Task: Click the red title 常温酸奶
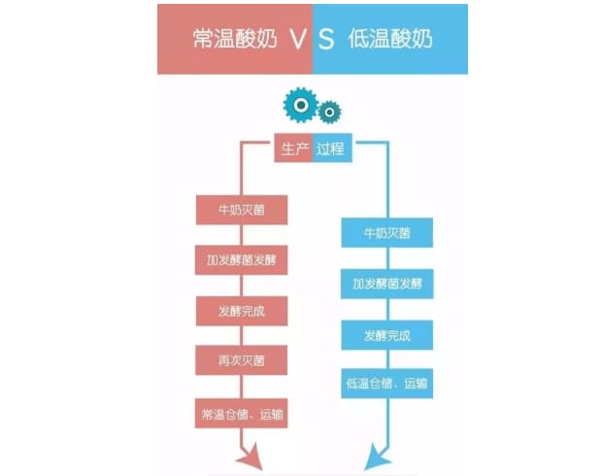(235, 39)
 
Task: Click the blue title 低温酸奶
(390, 39)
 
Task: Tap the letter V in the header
(298, 39)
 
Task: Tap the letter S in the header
(326, 39)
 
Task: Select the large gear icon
(301, 105)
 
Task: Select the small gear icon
(329, 112)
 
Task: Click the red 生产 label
(293, 148)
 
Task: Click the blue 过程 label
(332, 148)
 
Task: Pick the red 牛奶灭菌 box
(242, 210)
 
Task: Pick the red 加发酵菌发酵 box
(242, 260)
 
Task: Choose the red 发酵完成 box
(242, 311)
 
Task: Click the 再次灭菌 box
(242, 360)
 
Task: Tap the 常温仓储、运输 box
(242, 414)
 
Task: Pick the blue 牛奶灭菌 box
(387, 233)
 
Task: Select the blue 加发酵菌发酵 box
(387, 284)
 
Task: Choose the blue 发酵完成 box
(387, 335)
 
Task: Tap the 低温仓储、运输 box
(387, 384)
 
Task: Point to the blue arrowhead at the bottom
(377, 458)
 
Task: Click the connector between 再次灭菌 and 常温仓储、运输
(242, 387)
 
